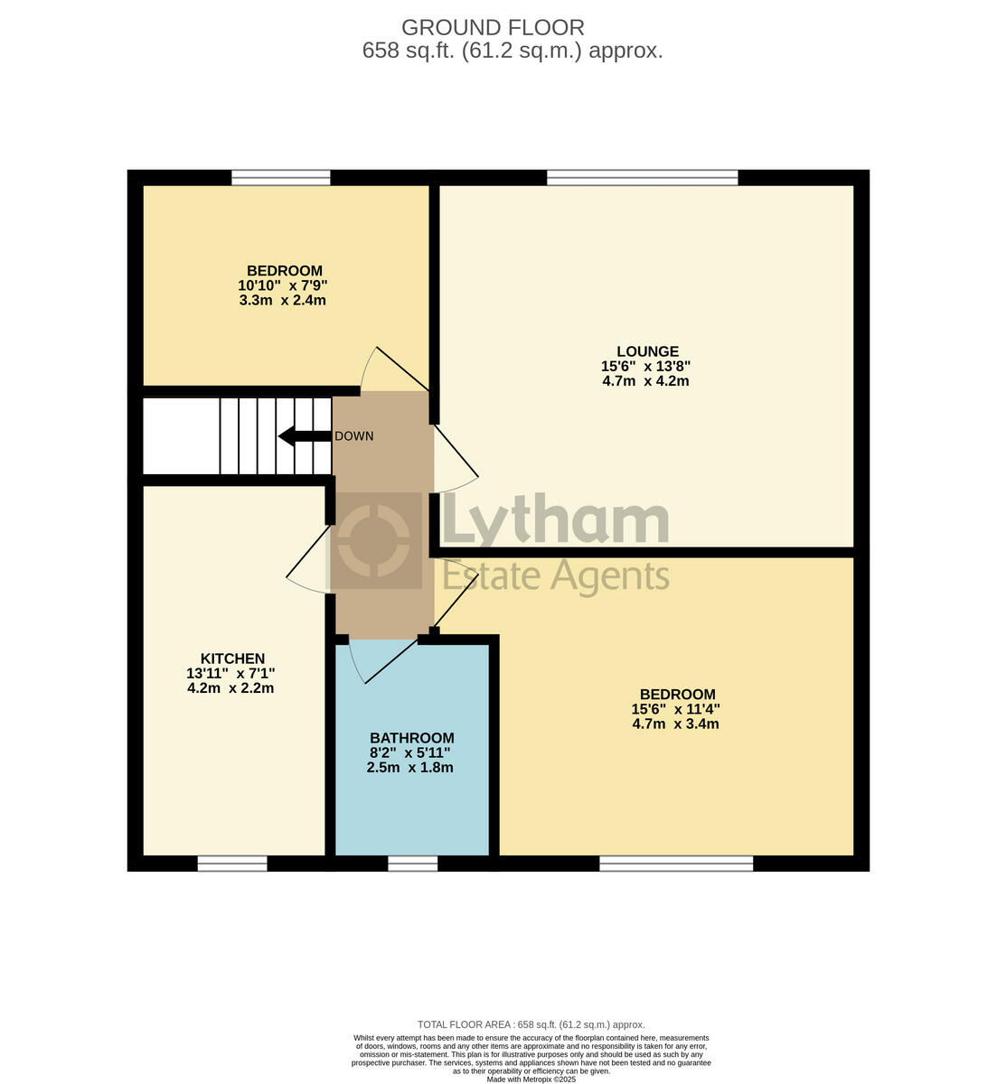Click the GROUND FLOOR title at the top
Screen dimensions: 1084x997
click(493, 28)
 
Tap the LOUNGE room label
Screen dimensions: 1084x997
click(647, 351)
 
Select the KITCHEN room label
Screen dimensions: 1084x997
click(232, 659)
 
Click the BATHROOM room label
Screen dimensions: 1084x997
click(411, 738)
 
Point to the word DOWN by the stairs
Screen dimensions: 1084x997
click(353, 436)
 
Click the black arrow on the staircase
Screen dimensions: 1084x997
click(304, 437)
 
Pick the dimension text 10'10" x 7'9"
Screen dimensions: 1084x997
click(283, 285)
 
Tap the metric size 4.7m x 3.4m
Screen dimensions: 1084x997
click(675, 724)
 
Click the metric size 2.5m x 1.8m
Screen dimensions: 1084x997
click(409, 768)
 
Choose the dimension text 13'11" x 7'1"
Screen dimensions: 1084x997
click(230, 673)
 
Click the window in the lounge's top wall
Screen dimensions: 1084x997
click(642, 178)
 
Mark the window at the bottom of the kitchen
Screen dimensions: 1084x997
click(232, 864)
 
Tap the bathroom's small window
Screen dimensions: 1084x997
click(412, 864)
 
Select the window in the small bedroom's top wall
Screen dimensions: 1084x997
click(280, 178)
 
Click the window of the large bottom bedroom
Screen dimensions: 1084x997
click(676, 864)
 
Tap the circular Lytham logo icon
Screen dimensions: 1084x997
click(375, 541)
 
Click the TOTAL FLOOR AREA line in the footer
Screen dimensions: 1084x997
click(531, 1024)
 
